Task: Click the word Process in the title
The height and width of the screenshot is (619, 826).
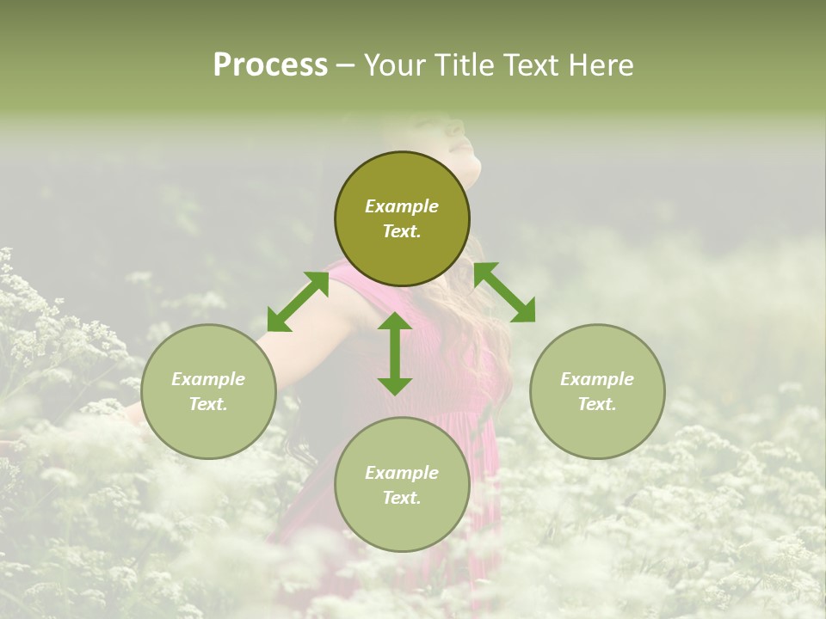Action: [270, 65]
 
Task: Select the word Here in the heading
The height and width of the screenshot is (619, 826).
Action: [600, 65]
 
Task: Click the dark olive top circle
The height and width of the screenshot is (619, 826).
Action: [402, 218]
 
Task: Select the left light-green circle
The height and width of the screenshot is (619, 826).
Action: [208, 391]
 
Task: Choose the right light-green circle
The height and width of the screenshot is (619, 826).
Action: [597, 391]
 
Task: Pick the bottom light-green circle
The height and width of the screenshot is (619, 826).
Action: [402, 484]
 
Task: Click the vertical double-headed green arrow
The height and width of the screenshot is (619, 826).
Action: [395, 353]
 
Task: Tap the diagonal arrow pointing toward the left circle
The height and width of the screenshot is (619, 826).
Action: [298, 302]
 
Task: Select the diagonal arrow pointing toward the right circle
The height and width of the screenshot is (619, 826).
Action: [504, 292]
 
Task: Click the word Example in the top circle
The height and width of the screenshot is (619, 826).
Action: [402, 206]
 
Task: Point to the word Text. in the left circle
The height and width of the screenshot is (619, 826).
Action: [208, 404]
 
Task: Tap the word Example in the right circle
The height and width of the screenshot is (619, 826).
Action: [597, 379]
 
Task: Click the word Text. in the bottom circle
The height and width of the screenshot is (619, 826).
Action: [402, 498]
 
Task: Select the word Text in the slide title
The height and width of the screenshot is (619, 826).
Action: [531, 65]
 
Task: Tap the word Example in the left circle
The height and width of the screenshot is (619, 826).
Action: [208, 379]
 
